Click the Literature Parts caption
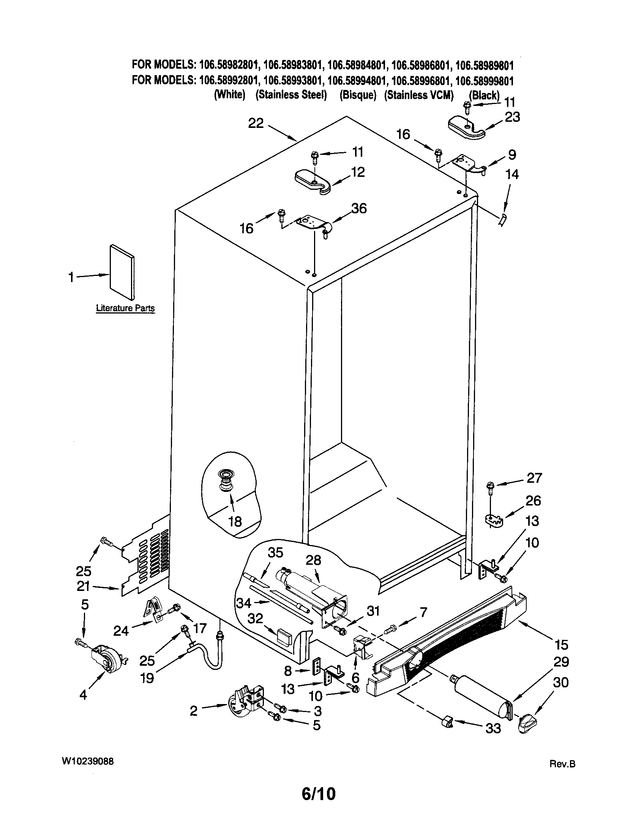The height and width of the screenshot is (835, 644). coord(125,308)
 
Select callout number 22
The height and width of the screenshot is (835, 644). coord(256,123)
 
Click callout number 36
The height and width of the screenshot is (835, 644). coord(359,208)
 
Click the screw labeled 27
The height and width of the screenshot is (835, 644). coord(490,486)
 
